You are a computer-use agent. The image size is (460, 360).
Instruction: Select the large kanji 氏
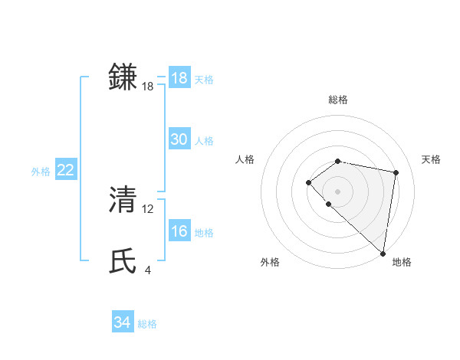(x=123, y=260)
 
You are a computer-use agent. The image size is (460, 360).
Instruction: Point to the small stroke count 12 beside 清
(x=148, y=208)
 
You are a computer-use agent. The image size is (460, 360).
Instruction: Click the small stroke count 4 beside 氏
(x=147, y=270)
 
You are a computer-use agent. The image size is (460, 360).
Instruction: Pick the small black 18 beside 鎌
(x=148, y=87)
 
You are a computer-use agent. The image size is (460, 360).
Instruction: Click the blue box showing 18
(x=179, y=78)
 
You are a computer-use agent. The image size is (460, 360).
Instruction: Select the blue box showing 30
(x=179, y=139)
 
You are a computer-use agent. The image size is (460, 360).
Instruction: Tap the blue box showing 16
(x=179, y=231)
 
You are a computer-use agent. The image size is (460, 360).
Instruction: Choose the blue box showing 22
(x=65, y=170)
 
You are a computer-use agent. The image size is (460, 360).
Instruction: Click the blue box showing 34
(x=123, y=322)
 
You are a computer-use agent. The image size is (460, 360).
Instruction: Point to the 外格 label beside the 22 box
(x=41, y=172)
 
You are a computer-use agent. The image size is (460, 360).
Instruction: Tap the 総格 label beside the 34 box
(x=147, y=324)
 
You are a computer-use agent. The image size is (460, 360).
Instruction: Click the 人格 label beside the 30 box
(x=204, y=141)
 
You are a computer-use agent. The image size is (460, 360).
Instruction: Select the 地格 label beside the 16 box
(x=204, y=233)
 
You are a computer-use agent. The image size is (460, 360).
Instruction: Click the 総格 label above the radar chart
(x=337, y=100)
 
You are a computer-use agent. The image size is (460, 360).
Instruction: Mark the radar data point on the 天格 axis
(x=396, y=172)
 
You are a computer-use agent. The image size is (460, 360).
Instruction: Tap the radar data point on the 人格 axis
(x=308, y=182)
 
